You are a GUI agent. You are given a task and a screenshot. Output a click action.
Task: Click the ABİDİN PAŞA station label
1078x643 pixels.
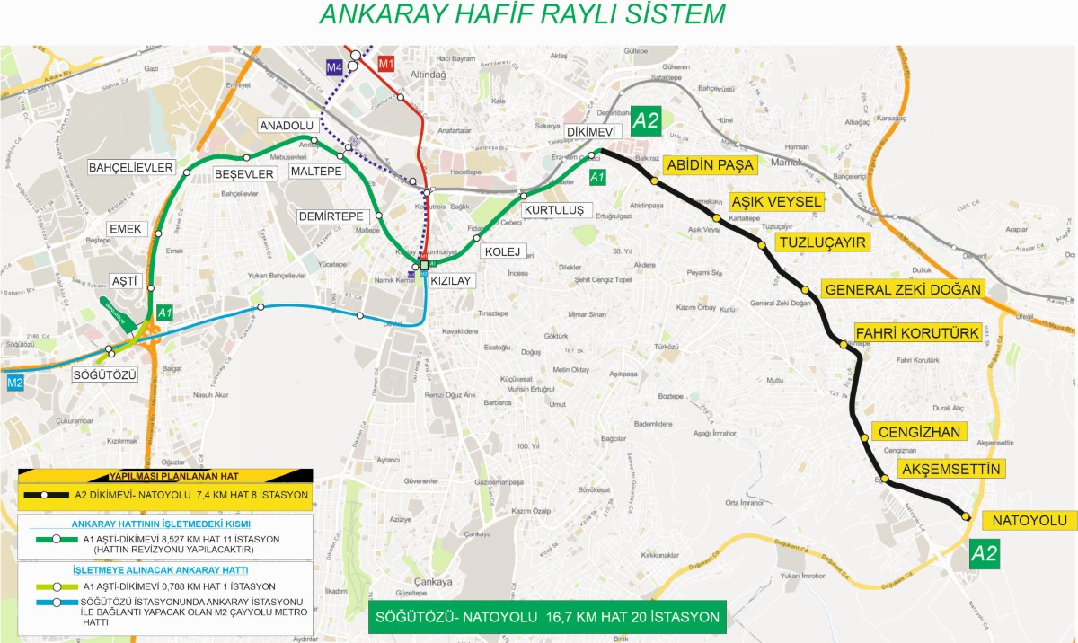(x=708, y=165)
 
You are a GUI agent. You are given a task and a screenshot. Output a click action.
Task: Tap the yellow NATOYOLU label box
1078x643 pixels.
(x=1029, y=521)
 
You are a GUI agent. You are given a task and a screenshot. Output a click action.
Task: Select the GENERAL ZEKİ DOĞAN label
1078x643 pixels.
(x=903, y=289)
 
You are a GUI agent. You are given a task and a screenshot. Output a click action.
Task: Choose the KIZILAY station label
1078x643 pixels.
(x=451, y=281)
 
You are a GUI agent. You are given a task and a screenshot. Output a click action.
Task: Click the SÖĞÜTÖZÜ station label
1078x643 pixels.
(x=105, y=374)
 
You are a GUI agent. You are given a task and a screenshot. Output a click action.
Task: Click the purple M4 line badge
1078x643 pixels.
(x=334, y=66)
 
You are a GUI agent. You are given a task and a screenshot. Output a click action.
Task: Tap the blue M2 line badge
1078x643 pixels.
(x=14, y=383)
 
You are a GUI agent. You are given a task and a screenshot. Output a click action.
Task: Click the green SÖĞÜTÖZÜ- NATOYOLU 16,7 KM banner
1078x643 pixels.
(x=547, y=617)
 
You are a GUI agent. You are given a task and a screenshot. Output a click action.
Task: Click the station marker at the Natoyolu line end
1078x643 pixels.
(x=965, y=516)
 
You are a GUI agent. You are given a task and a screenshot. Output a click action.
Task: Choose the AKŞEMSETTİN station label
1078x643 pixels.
(x=950, y=469)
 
